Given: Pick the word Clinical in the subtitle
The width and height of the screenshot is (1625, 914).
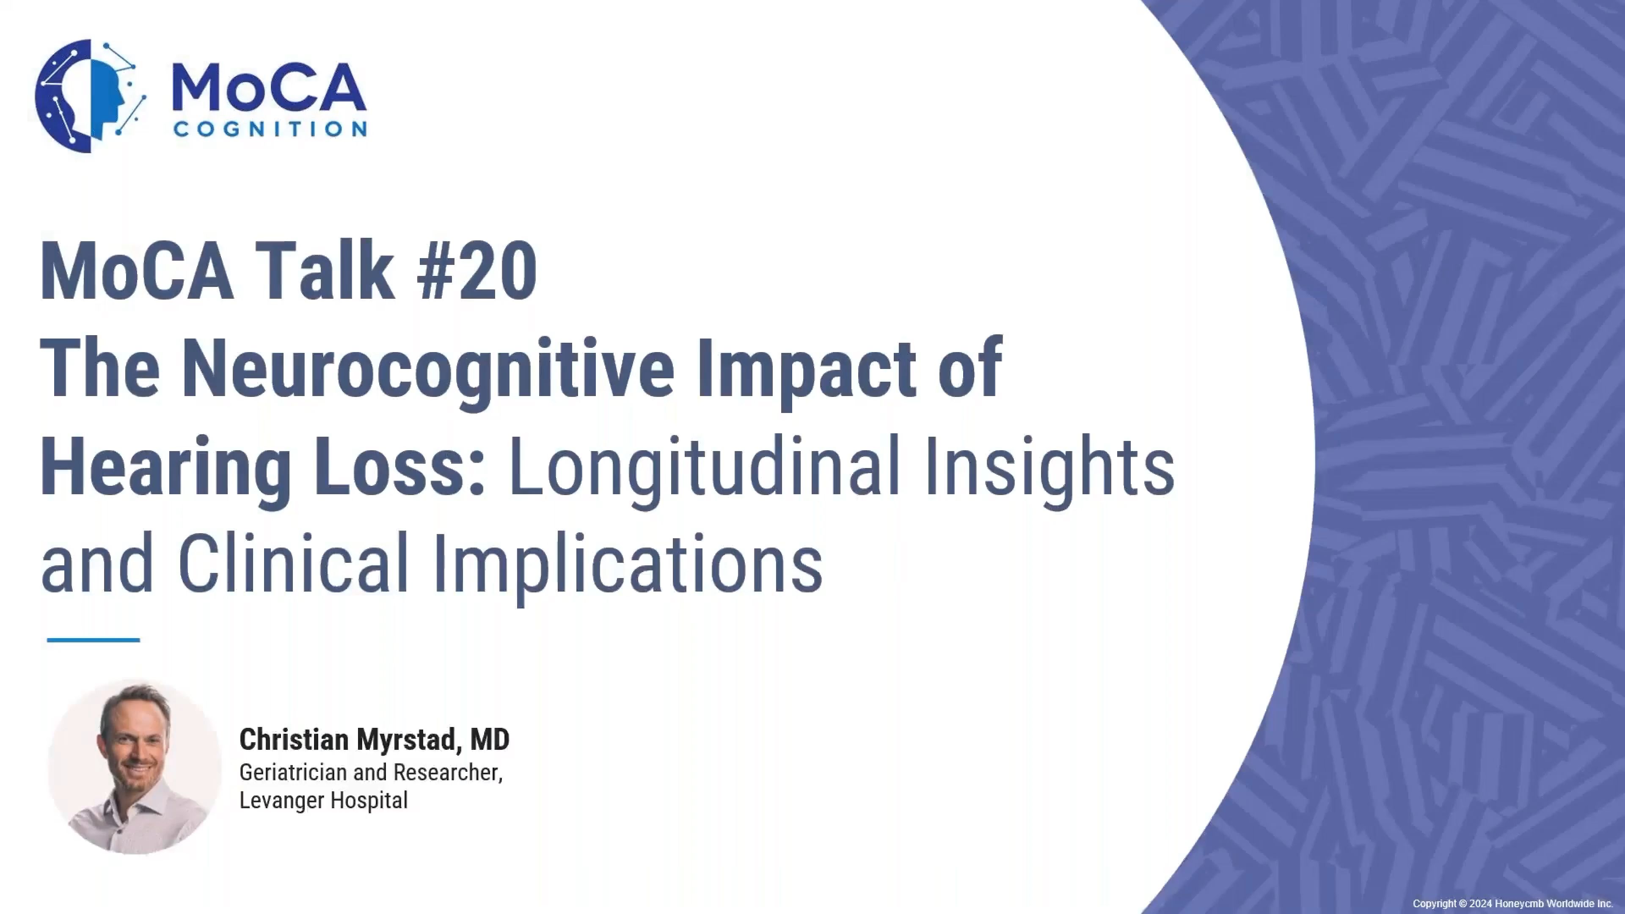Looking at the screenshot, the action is tap(295, 563).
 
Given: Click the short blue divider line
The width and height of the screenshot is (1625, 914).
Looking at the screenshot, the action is tap(94, 640).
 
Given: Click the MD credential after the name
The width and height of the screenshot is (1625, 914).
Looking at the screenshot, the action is tap(490, 739).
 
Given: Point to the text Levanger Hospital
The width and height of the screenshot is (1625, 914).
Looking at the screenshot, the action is tap(324, 801).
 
